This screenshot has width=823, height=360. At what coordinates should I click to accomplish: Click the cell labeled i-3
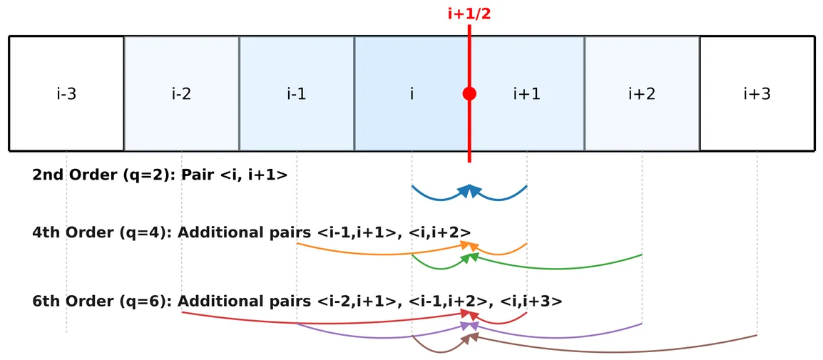coord(66,93)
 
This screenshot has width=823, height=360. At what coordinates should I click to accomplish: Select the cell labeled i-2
coord(181,93)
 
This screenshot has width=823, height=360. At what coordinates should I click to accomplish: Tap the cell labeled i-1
coord(296,93)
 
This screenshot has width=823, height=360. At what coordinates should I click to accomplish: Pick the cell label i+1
coord(526,93)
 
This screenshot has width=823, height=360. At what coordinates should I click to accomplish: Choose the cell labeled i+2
coord(641,93)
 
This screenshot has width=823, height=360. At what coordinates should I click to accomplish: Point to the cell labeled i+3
coord(757,93)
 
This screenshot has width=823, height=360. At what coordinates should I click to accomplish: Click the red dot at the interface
coord(469,93)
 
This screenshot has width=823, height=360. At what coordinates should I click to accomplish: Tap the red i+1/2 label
coord(469,14)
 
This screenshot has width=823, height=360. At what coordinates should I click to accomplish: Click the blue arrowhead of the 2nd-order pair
coord(469,190)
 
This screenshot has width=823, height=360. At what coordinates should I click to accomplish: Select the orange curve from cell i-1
coord(371,252)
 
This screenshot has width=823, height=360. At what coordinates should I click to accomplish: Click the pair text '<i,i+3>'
coord(531,302)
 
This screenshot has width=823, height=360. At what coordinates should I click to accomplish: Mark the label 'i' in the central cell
coord(411,93)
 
